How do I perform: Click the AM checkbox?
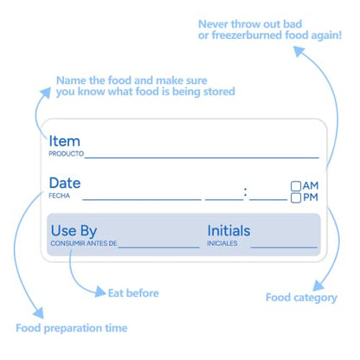[296, 186]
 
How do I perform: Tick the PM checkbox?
[296, 198]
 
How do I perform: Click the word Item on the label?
[64, 141]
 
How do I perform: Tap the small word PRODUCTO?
[66, 154]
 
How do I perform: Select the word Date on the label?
[65, 183]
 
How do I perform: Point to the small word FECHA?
[59, 196]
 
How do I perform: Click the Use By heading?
[74, 231]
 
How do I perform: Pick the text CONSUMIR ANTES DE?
[84, 243]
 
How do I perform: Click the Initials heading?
[228, 231]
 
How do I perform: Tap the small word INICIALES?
[222, 243]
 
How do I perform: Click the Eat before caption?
[133, 293]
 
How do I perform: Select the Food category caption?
[301, 298]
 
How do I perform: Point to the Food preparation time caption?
[72, 328]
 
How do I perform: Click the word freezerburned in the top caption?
[246, 35]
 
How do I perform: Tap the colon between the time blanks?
[246, 192]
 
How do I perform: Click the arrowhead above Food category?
[318, 286]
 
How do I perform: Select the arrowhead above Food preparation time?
[39, 312]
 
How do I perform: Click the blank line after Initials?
[284, 247]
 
